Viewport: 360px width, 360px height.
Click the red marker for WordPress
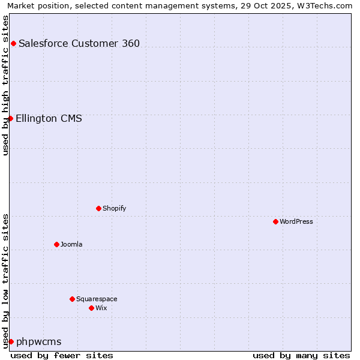(x=275, y=221)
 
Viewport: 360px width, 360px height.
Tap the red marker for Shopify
(x=98, y=208)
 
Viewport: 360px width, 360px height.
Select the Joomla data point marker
(x=56, y=244)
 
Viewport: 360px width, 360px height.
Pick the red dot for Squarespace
(x=72, y=299)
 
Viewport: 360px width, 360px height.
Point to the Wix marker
(x=91, y=308)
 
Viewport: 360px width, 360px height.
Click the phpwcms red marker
(x=11, y=341)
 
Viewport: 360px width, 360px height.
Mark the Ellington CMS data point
(x=10, y=118)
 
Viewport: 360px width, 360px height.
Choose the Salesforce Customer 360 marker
(x=13, y=43)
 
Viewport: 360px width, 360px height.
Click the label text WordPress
(x=296, y=221)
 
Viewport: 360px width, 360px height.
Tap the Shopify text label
(x=114, y=208)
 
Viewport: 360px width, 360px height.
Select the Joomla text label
(x=71, y=244)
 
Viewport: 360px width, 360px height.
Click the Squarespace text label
(x=97, y=299)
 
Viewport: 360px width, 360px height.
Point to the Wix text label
(x=101, y=308)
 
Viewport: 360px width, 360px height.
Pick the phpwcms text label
(x=39, y=341)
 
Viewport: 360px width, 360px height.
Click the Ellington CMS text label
(x=49, y=118)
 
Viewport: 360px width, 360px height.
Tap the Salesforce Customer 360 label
(x=79, y=43)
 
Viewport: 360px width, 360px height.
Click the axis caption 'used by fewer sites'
(x=62, y=355)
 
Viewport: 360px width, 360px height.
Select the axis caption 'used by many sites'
(x=301, y=355)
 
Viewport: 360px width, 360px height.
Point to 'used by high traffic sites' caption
(x=5, y=85)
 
